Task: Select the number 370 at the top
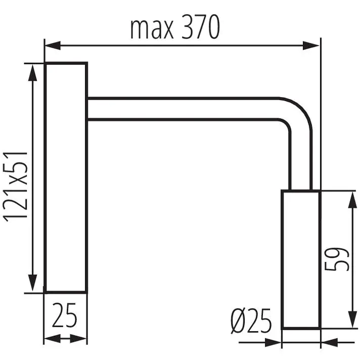tap(201, 27)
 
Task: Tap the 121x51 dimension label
tap(16, 187)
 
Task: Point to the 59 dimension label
tap(337, 259)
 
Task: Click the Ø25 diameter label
tap(251, 321)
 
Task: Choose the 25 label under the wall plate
tap(65, 315)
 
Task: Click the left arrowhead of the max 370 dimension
tap(53, 46)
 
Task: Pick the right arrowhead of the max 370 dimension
tap(311, 46)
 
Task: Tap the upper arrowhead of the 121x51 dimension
tap(32, 73)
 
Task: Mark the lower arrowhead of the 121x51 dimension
tap(32, 283)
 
